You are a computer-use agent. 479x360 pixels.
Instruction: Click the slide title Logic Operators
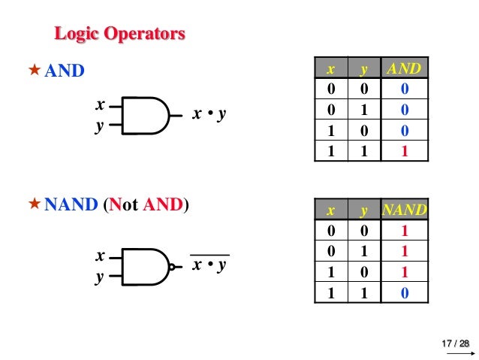[119, 35]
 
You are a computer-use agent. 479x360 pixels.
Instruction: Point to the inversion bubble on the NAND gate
[174, 267]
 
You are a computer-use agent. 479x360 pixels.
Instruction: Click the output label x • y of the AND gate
[209, 115]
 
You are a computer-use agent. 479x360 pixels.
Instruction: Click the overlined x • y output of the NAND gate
[209, 265]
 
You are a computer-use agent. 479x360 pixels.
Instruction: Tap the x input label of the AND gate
[98, 105]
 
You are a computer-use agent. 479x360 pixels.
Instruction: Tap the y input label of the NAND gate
[98, 277]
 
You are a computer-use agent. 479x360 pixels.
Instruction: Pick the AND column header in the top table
[405, 69]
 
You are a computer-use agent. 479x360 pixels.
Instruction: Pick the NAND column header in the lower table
[405, 210]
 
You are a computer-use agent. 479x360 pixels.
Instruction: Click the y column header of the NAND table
[363, 210]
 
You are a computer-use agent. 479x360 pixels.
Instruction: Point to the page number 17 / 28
[455, 343]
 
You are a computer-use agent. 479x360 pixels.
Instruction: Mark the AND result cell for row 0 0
[405, 90]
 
